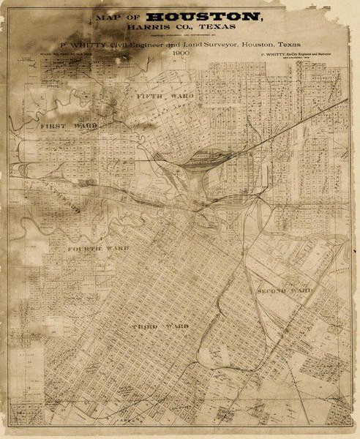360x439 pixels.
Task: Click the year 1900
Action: pyautogui.click(x=180, y=53)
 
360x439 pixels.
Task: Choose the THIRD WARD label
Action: pyautogui.click(x=160, y=324)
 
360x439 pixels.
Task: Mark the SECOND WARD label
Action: pyautogui.click(x=285, y=291)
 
